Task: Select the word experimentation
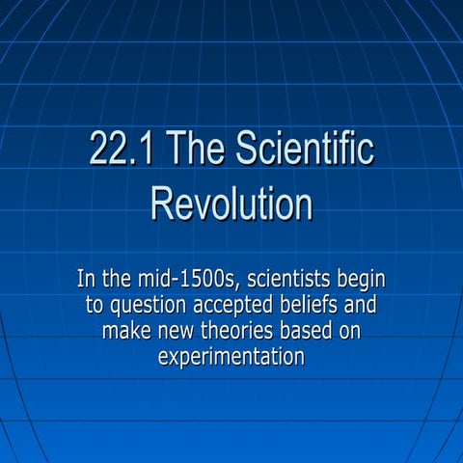coord(231,358)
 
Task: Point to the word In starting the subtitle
coord(86,281)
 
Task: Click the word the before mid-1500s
coord(120,281)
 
